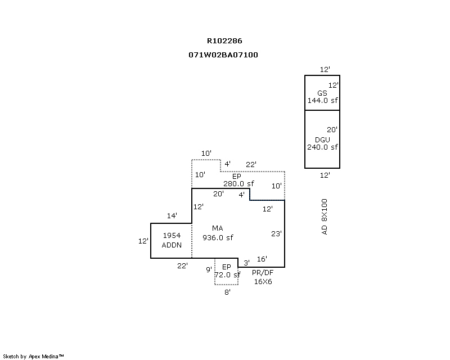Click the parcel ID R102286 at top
point(224,40)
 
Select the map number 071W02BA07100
point(224,55)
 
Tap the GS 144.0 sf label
point(322,97)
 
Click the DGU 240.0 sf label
point(322,143)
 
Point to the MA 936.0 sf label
point(218,233)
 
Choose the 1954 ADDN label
point(171,241)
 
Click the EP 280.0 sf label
point(238,179)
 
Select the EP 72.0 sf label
point(227,271)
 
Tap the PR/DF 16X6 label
point(262,277)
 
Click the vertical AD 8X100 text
point(324,217)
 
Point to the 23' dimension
point(276,233)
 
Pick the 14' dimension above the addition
point(172,215)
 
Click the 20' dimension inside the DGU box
point(332,129)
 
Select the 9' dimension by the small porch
point(208,269)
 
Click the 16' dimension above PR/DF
point(262,259)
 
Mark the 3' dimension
point(246,262)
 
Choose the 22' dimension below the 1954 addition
point(182,265)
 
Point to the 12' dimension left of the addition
point(143,241)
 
